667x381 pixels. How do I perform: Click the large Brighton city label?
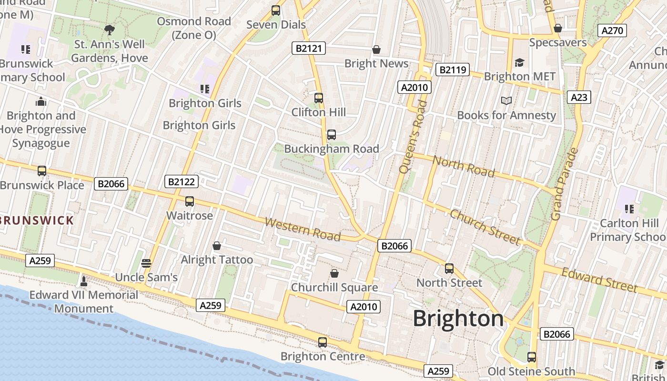click(x=458, y=318)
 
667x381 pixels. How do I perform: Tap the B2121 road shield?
click(x=308, y=48)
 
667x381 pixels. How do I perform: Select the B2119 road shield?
click(x=452, y=70)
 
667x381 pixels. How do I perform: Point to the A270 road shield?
click(x=612, y=31)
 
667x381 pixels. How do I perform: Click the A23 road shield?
click(x=579, y=97)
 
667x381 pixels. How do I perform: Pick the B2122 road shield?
click(x=181, y=181)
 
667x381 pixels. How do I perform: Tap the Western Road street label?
click(x=303, y=229)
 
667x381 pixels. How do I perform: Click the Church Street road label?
click(x=485, y=227)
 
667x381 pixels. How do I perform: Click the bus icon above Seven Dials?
click(x=275, y=10)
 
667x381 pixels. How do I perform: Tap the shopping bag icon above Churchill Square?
click(x=334, y=273)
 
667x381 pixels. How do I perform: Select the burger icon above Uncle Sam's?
click(x=146, y=263)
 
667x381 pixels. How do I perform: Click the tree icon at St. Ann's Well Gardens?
click(x=110, y=30)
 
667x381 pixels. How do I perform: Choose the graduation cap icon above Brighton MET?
click(x=519, y=62)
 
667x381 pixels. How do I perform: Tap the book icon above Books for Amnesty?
click(x=506, y=101)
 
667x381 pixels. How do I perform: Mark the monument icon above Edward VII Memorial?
click(x=84, y=281)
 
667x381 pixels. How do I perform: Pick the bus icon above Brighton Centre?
click(x=323, y=342)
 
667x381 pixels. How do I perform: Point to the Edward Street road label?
click(x=599, y=280)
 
